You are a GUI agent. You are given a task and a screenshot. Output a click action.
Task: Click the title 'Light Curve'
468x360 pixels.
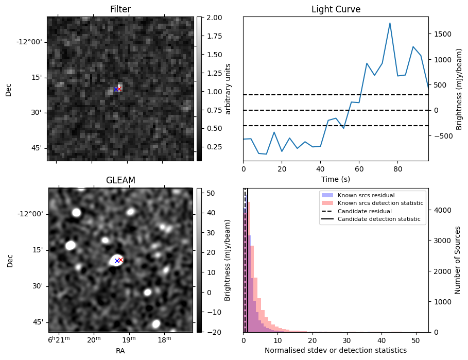pos(336,9)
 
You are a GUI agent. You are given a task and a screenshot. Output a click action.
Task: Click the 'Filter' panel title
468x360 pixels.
pos(120,9)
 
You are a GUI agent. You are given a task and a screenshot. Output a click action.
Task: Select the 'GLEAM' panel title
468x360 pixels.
pos(120,180)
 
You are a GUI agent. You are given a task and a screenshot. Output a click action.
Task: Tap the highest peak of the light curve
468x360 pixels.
pos(390,23)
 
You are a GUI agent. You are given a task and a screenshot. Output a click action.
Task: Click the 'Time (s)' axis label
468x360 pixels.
pos(336,179)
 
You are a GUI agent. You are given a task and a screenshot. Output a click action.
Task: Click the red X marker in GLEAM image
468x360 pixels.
pos(121,260)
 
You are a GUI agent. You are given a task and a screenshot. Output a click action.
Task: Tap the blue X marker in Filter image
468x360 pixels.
pos(116,89)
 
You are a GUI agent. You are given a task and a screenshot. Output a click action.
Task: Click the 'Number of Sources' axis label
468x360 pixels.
pos(458,260)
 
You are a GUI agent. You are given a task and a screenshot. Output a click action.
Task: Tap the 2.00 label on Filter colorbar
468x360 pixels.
pos(213,18)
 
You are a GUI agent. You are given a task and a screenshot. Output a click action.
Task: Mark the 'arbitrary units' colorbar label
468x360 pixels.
pos(229,89)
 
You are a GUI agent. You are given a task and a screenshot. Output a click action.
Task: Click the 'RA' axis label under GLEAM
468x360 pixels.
pos(120,351)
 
